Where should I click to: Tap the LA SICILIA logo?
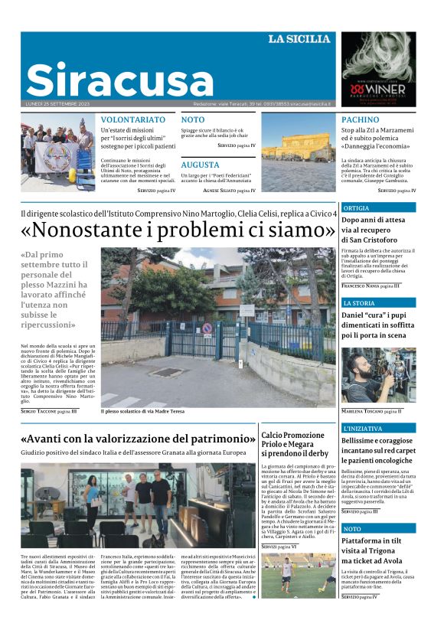click(299, 39)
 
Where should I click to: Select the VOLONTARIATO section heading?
click(133, 120)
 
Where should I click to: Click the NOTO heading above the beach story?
click(193, 120)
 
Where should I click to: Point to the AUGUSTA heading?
click(201, 165)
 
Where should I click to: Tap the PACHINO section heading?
click(360, 120)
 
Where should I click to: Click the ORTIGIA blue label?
click(356, 208)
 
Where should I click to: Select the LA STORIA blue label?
click(359, 303)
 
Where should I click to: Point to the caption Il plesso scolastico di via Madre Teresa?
click(142, 411)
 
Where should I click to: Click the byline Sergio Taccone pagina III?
click(49, 411)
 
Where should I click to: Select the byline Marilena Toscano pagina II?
click(371, 411)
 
